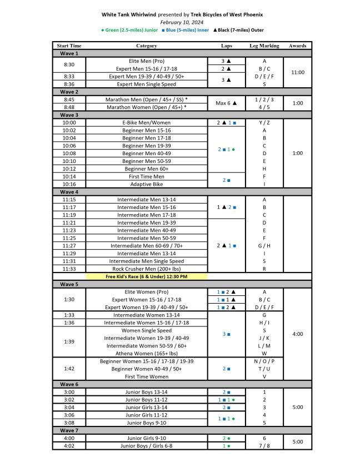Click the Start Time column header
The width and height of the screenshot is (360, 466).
69,46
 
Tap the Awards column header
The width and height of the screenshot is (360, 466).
297,46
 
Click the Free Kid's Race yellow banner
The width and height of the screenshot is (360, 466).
147,276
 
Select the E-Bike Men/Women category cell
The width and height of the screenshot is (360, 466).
147,122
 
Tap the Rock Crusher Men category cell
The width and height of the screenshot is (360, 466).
147,269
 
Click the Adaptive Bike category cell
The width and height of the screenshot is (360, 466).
147,184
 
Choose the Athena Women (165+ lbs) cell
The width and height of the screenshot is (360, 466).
147,353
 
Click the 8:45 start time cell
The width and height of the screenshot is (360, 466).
69,99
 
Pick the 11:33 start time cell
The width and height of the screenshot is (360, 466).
69,269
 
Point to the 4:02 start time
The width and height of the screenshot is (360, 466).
69,445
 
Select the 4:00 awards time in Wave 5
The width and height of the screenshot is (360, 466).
297,334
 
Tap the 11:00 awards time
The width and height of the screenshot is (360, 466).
297,72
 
